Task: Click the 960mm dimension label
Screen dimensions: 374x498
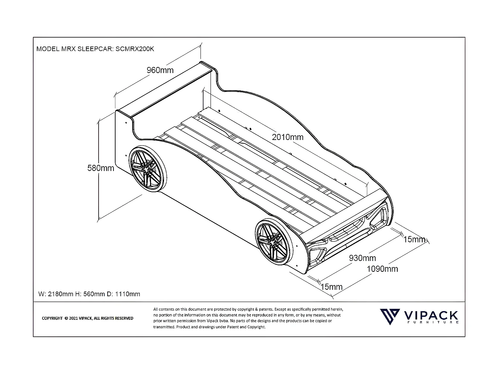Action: pyautogui.click(x=160, y=70)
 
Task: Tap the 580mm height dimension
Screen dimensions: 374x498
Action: pyautogui.click(x=101, y=168)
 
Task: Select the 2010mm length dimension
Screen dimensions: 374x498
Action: pyautogui.click(x=288, y=137)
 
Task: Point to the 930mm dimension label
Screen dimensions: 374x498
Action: pyautogui.click(x=362, y=258)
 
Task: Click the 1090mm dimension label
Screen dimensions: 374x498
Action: pyautogui.click(x=382, y=269)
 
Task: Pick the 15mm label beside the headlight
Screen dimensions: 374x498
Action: pyautogui.click(x=414, y=239)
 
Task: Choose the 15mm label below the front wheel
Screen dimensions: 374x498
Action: pyautogui.click(x=331, y=287)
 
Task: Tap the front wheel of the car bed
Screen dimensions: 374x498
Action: pyautogui.click(x=274, y=242)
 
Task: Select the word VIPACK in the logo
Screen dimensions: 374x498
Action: pyautogui.click(x=431, y=315)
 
